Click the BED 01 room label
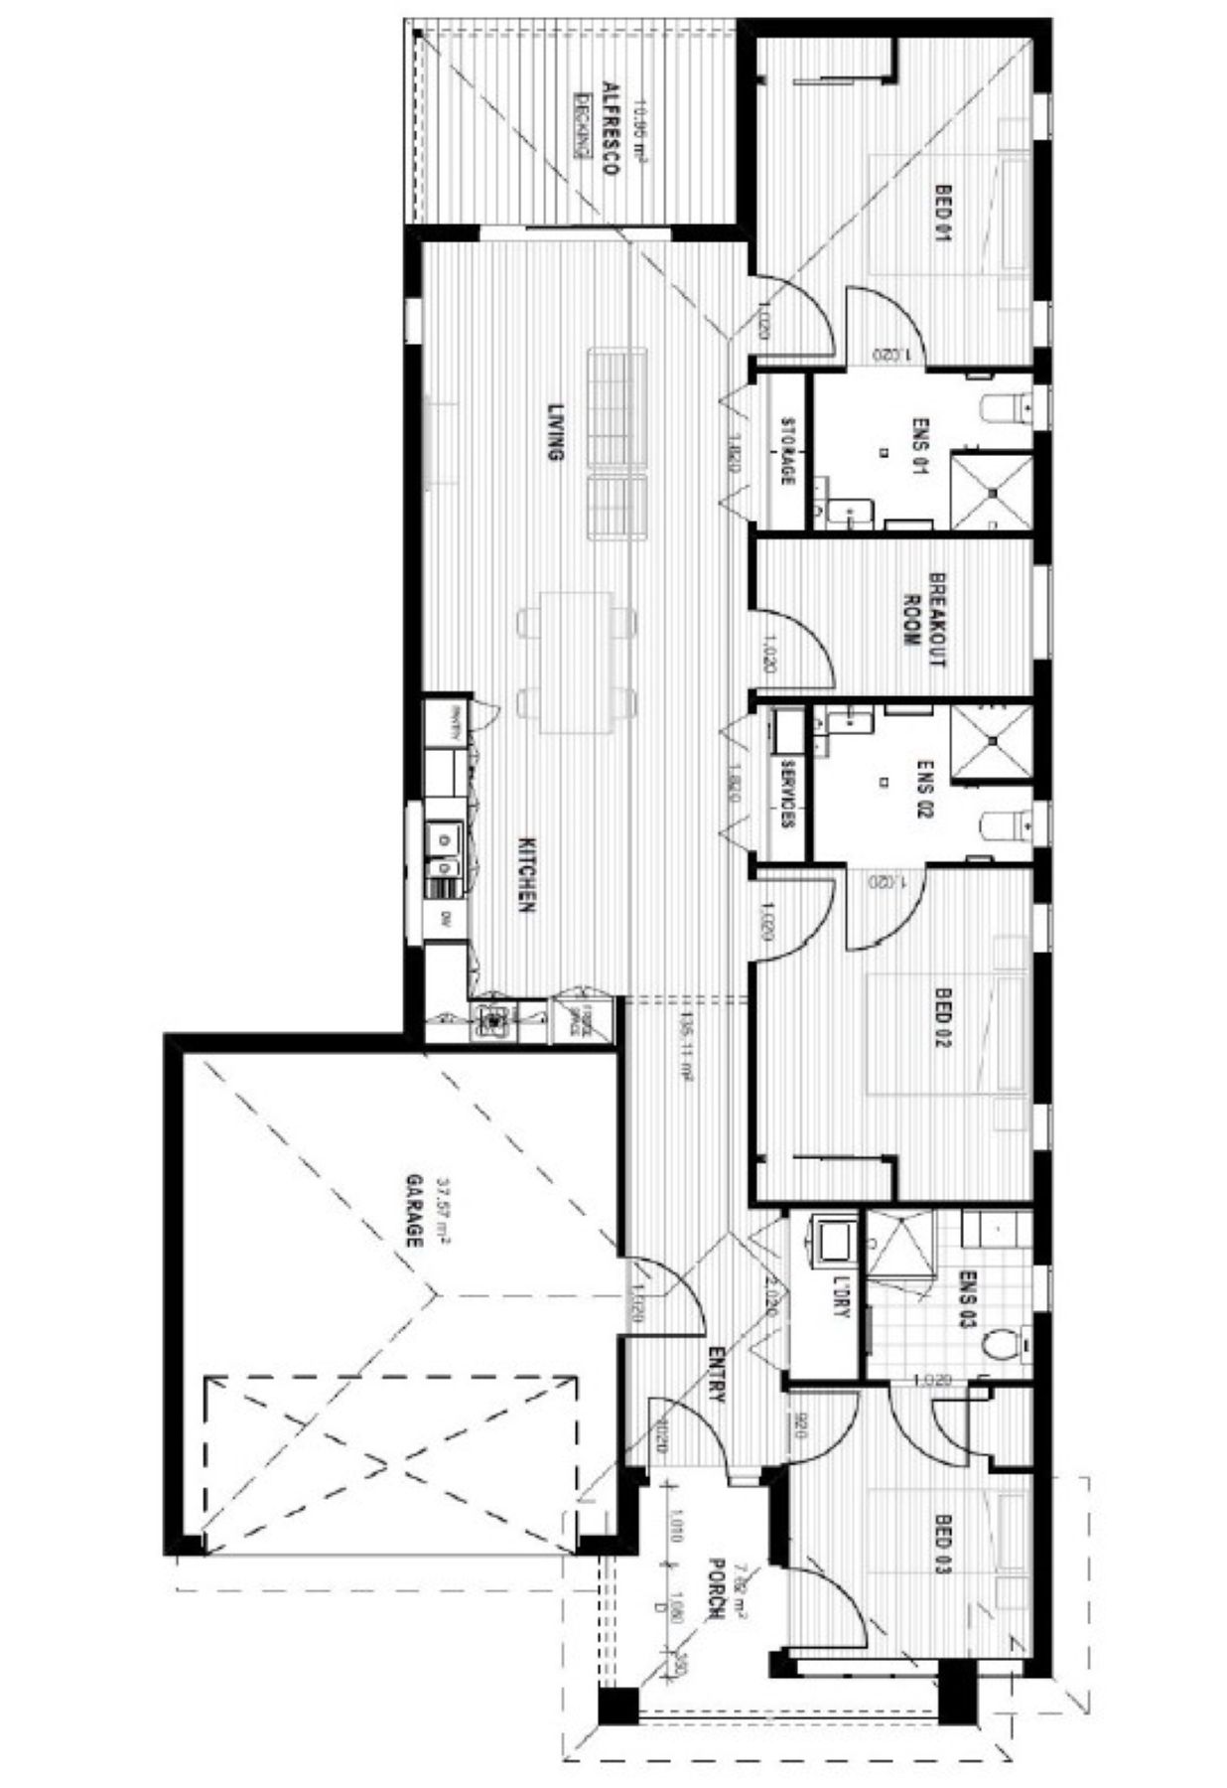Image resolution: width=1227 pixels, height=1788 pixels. pos(942,213)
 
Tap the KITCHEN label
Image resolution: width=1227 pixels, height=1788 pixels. pos(528,875)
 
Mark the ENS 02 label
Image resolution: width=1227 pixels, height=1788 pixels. pos(924,791)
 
